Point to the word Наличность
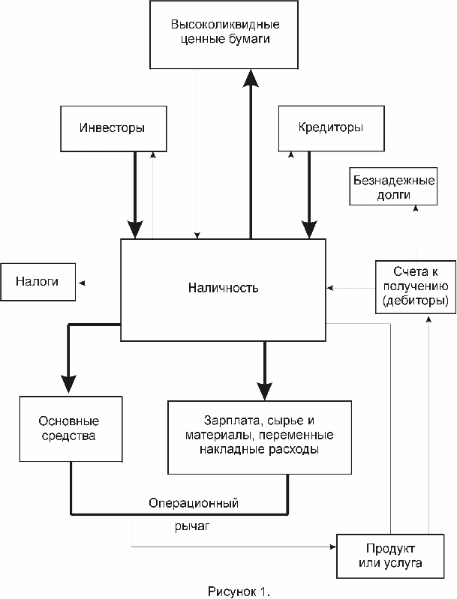tap(224, 288)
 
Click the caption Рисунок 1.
tap(239, 592)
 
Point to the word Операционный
tap(194, 503)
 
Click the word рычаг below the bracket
tap(192, 526)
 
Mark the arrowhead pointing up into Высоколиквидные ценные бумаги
tap(251, 78)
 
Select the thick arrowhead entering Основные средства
tap(68, 384)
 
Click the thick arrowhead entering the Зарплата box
tap(265, 391)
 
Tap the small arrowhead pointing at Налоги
tap(82, 283)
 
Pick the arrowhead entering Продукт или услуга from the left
tap(332, 547)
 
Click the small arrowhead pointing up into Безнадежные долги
tap(416, 208)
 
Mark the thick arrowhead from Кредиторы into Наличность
tap(309, 229)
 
